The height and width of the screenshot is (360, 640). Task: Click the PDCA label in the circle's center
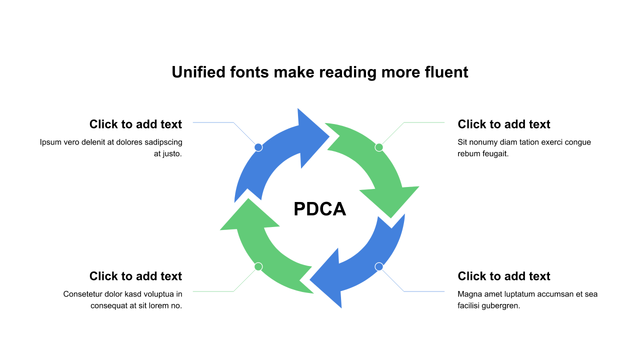319,209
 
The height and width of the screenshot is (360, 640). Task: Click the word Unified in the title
198,72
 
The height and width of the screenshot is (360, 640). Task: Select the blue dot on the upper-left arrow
258,147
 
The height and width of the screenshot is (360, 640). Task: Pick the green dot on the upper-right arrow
379,147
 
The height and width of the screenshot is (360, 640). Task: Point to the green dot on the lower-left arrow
258,266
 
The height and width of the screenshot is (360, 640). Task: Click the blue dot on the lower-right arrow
379,266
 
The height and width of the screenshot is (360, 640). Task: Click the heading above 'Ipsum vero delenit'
135,124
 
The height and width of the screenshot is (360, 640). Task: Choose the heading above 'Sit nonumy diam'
504,124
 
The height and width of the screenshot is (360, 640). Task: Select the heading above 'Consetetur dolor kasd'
135,276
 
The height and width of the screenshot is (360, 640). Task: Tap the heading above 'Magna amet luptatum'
504,276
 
